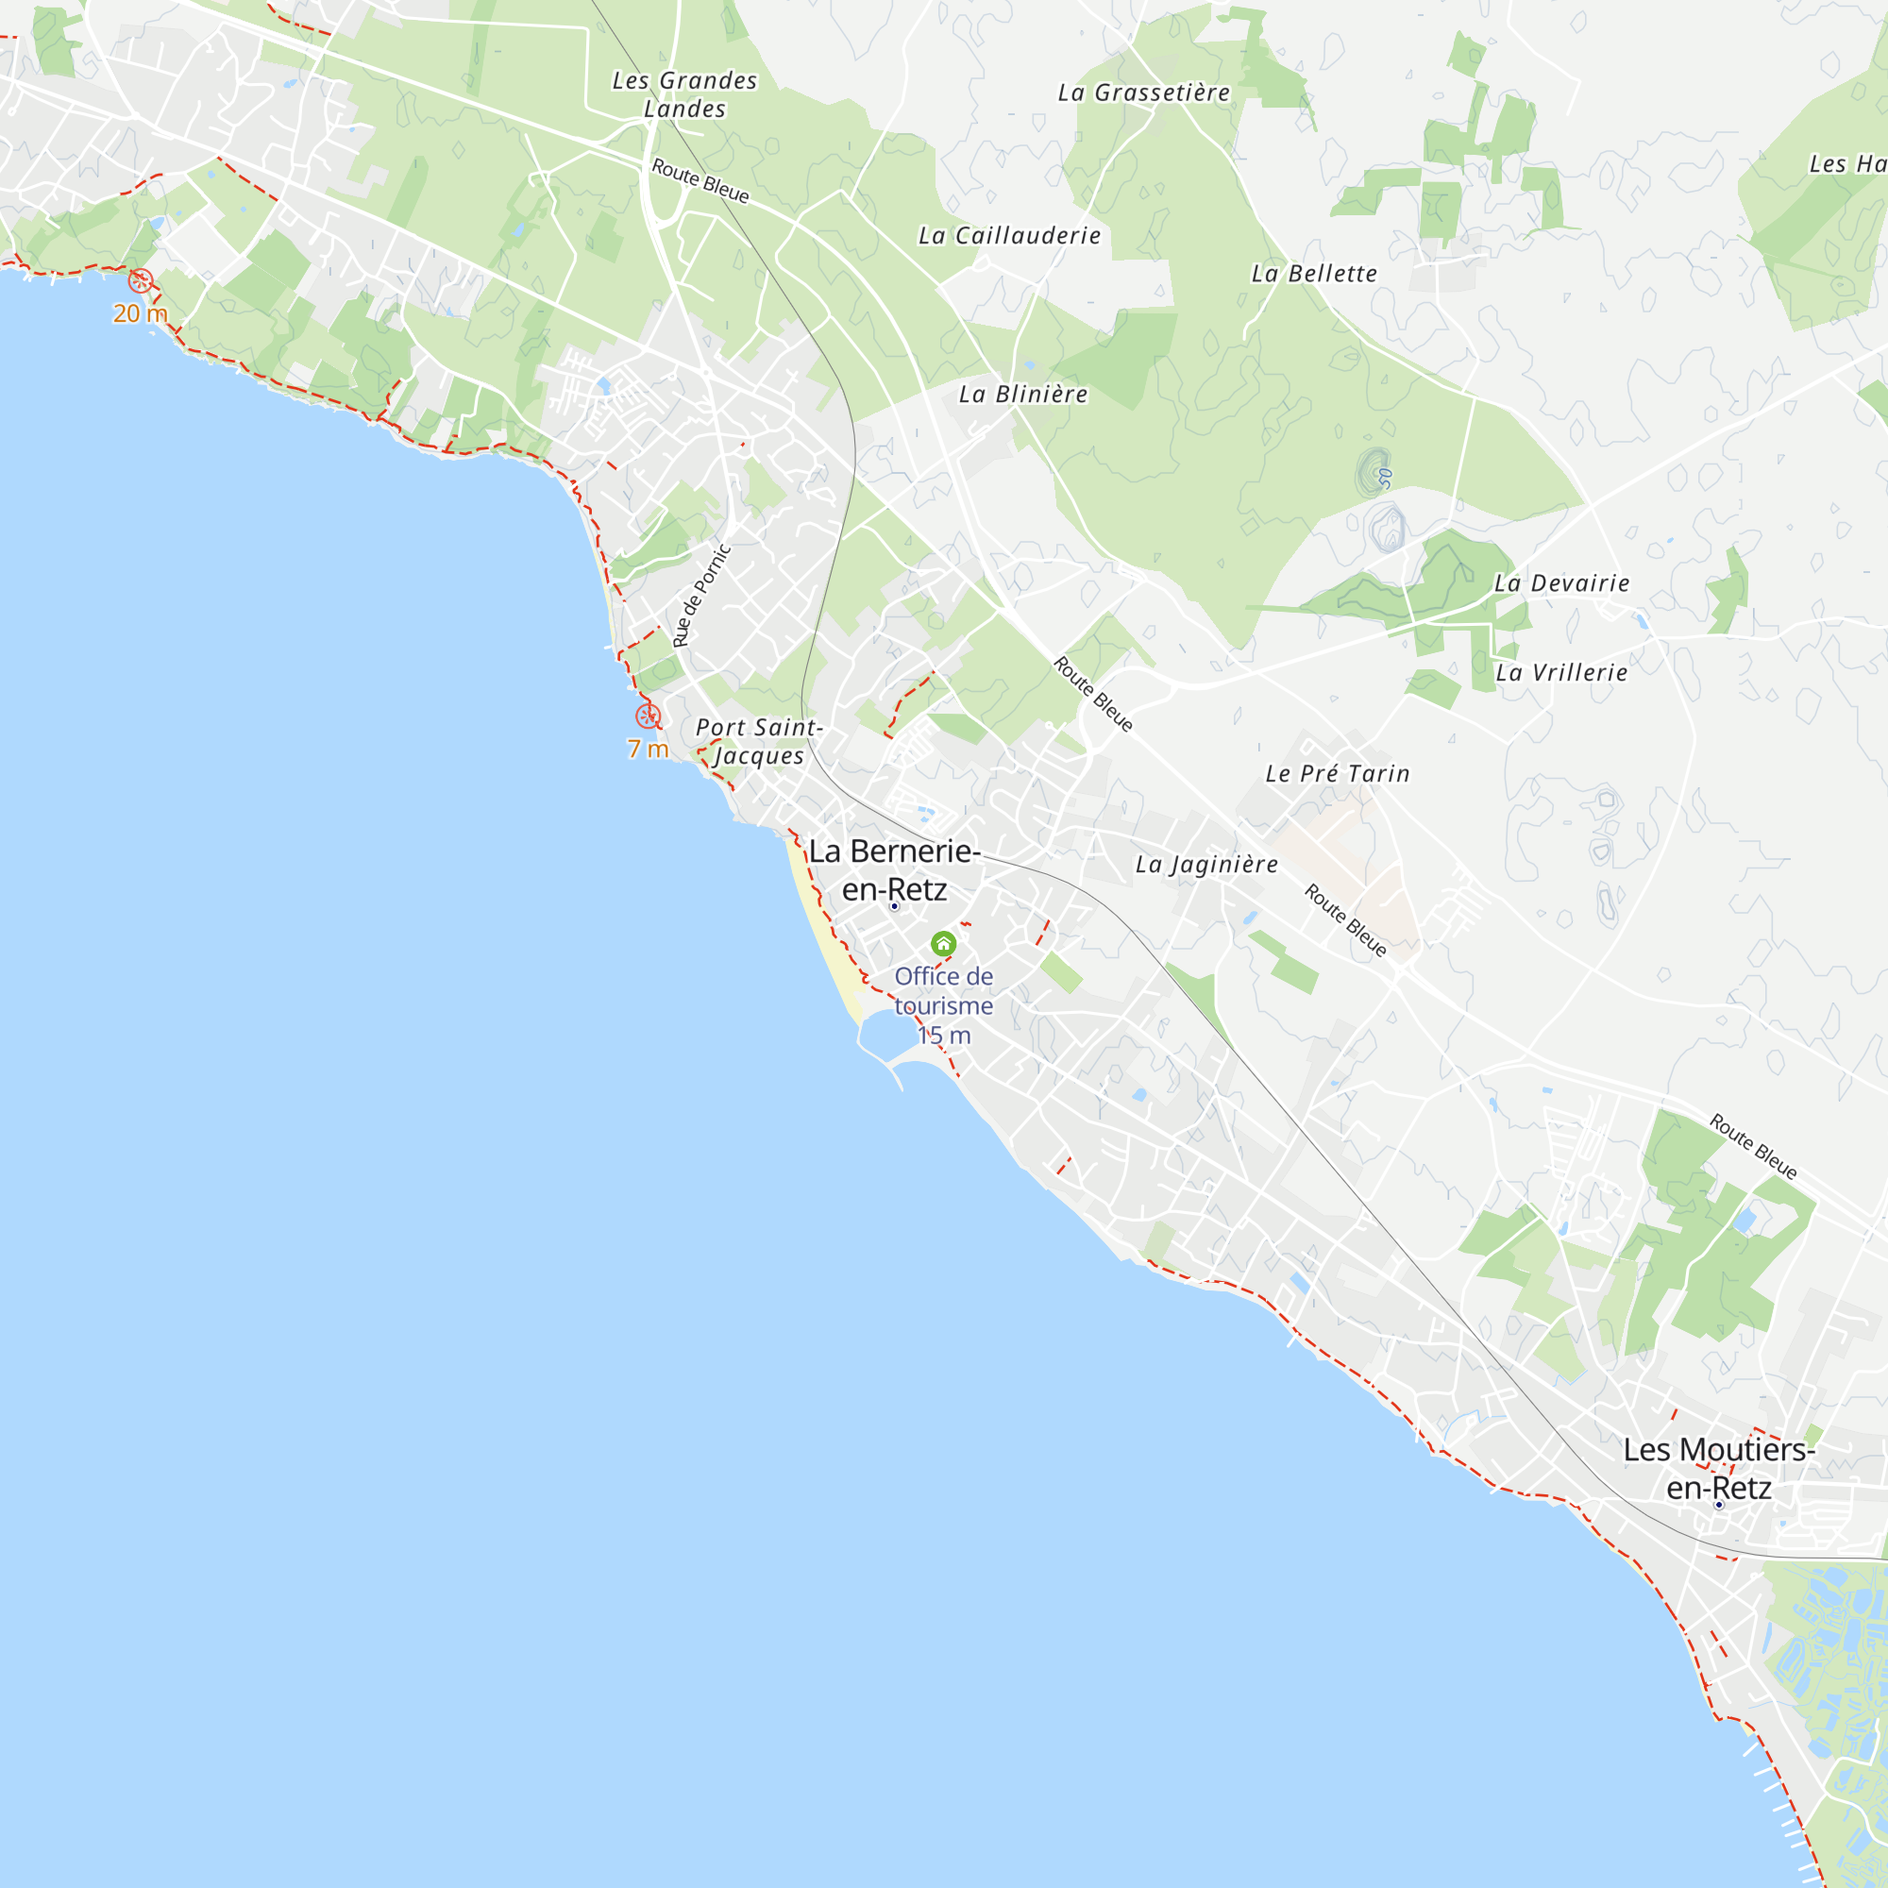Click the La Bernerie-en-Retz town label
(x=894, y=869)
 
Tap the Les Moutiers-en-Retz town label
(x=1719, y=1469)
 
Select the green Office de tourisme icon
(x=943, y=943)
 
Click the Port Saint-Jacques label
(x=759, y=741)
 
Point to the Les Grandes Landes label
(x=685, y=94)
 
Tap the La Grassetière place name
(x=1143, y=93)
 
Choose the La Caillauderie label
(x=1009, y=235)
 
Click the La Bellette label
(x=1314, y=274)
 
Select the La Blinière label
(x=1023, y=394)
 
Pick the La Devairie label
(x=1561, y=583)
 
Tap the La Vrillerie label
(x=1561, y=672)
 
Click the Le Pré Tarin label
(x=1338, y=774)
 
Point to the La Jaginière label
(x=1206, y=864)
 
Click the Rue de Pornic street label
(x=701, y=595)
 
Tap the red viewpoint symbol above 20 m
(x=141, y=281)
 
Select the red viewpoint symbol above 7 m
(x=648, y=716)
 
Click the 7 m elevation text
(x=648, y=750)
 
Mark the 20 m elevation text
(x=141, y=313)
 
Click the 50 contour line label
(x=1385, y=478)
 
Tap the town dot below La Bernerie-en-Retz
(x=894, y=907)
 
